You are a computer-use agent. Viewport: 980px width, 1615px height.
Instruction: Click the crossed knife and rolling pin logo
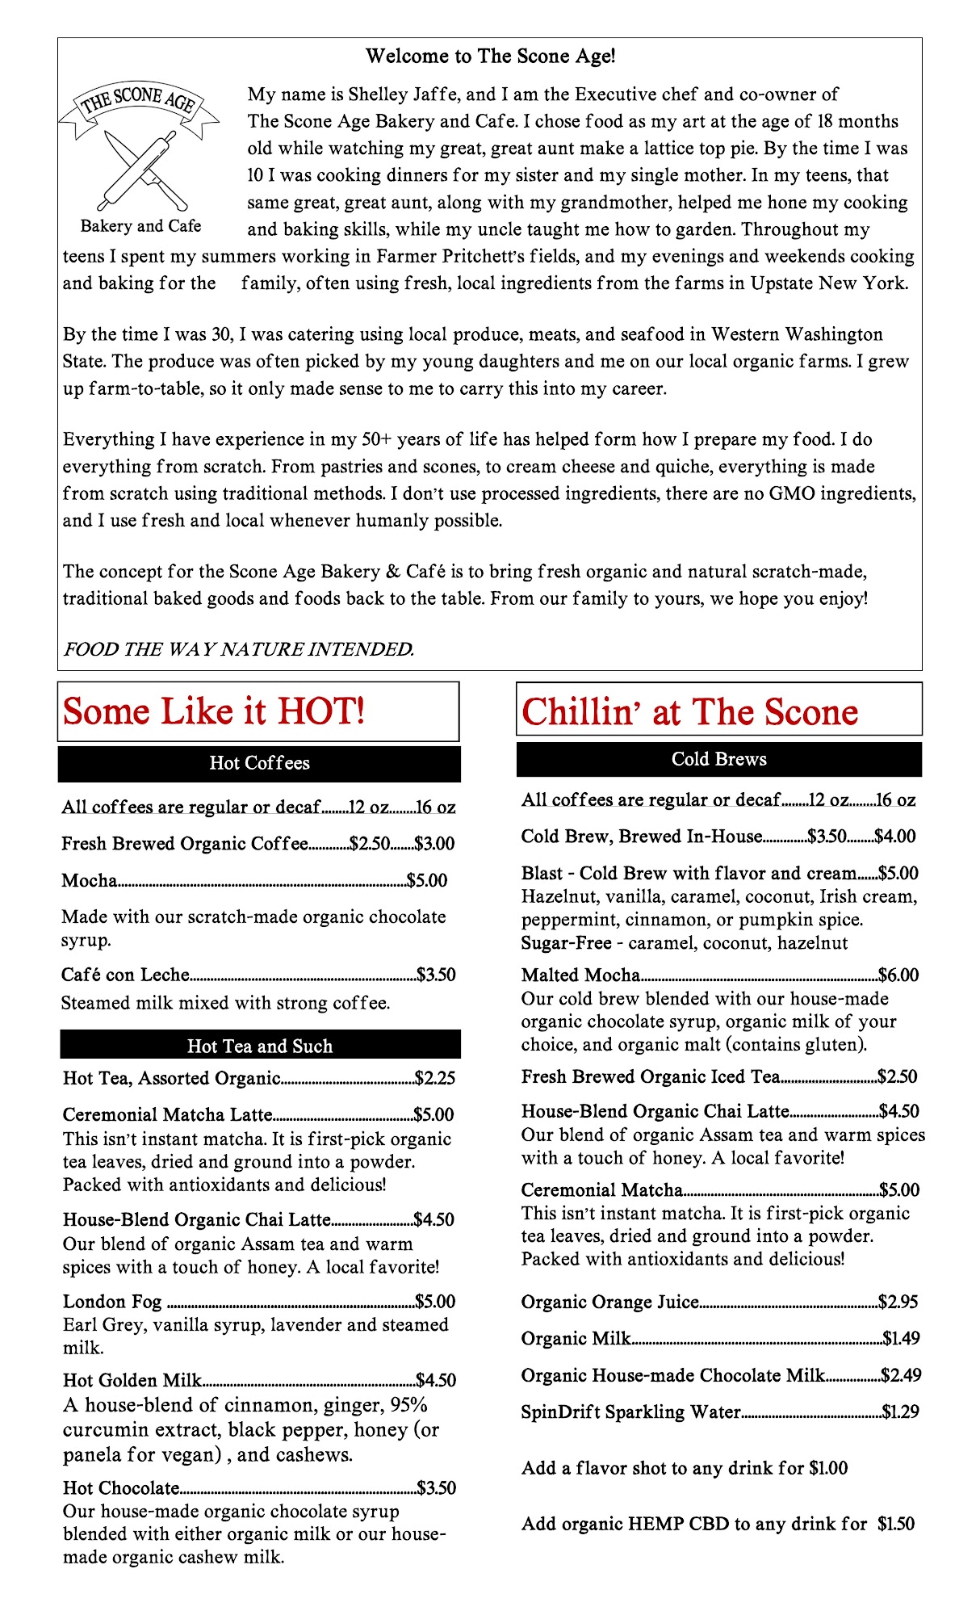[x=142, y=169]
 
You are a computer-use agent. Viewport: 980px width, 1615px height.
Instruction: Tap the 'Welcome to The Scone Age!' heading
[x=490, y=57]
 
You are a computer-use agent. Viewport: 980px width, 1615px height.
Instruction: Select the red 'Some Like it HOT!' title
[x=214, y=711]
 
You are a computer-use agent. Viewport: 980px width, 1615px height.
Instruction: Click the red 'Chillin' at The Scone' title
[x=689, y=712]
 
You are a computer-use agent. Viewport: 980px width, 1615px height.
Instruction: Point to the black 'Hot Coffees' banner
[x=259, y=763]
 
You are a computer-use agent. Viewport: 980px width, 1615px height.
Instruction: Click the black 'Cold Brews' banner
[x=718, y=759]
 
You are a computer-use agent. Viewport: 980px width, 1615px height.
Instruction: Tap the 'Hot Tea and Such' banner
[x=260, y=1046]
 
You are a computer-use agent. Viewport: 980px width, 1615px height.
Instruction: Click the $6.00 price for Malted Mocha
[x=898, y=975]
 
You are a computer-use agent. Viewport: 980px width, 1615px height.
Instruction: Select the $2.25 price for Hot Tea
[x=435, y=1078]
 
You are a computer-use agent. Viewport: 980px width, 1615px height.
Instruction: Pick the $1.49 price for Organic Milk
[x=901, y=1339]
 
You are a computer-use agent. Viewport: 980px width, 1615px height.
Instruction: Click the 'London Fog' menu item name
[x=112, y=1302]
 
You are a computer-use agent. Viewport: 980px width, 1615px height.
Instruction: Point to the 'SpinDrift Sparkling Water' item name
[x=630, y=1412]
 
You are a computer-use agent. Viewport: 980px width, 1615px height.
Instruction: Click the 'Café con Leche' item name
[x=125, y=975]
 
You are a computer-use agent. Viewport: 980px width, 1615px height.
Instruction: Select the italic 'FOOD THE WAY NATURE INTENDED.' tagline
[x=238, y=649]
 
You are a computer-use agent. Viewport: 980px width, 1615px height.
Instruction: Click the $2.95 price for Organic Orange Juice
[x=898, y=1302]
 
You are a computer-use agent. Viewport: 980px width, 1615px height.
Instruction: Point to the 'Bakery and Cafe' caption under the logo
[x=140, y=226]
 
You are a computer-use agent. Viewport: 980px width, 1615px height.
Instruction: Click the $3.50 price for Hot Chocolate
[x=437, y=1488]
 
